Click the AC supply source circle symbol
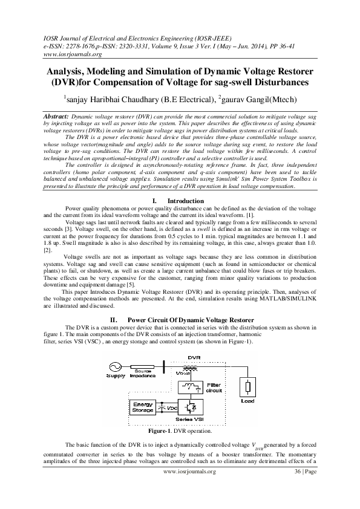(115, 366)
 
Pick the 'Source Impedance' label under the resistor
(143, 374)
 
